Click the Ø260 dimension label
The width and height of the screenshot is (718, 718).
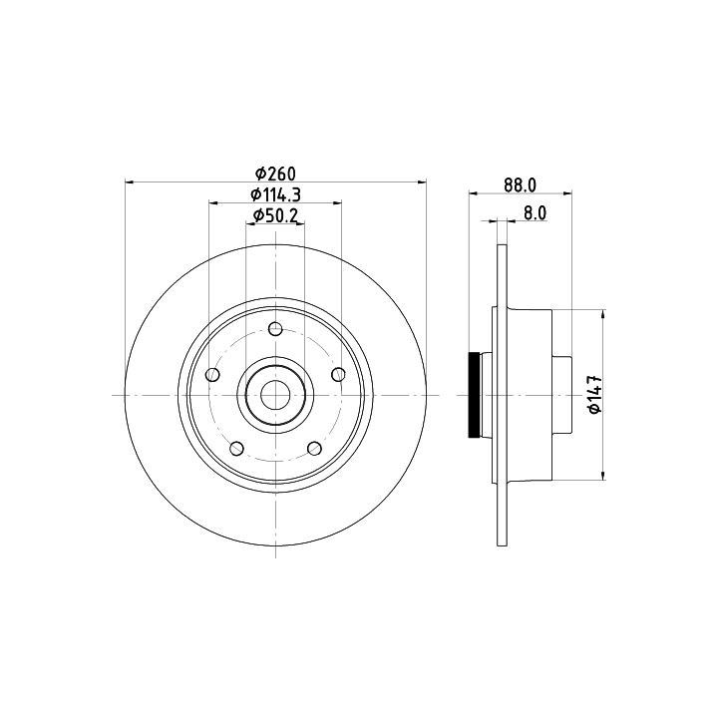[275, 174]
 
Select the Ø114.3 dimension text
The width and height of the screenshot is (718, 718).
[275, 195]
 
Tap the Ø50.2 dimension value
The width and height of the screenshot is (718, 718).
[275, 215]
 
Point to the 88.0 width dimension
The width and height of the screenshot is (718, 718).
[520, 185]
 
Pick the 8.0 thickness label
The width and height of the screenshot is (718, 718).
[535, 213]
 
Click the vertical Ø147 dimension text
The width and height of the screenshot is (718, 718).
[594, 394]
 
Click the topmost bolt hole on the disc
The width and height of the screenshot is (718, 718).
[275, 328]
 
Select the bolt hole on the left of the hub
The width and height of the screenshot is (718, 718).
[212, 375]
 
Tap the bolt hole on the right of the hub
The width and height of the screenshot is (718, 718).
[338, 374]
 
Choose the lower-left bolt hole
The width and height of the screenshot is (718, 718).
[236, 449]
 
